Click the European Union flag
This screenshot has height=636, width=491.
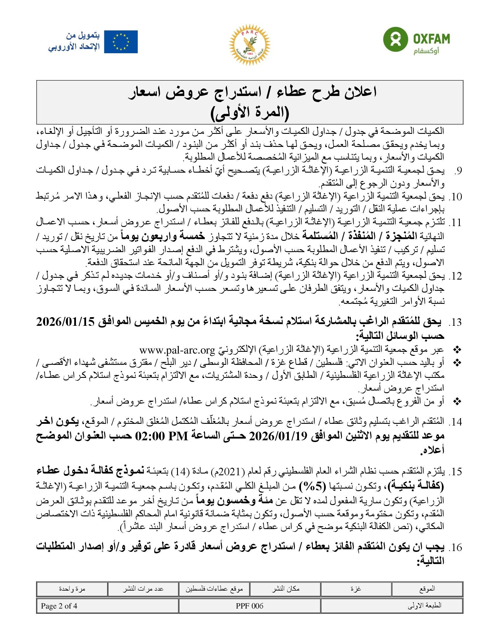121,42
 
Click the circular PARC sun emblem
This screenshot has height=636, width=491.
250,45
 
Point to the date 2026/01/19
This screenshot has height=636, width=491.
278,436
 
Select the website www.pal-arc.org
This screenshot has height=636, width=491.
177,350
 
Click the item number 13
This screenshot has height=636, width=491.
457,323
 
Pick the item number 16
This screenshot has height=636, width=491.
457,548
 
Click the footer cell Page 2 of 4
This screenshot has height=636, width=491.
59,606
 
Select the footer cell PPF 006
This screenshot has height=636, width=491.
250,606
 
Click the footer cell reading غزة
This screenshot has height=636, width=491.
356,589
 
